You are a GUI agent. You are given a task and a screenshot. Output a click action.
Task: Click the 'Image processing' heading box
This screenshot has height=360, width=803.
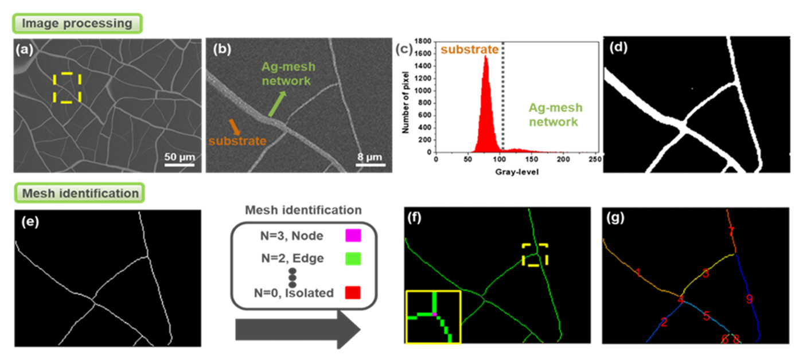[78, 24]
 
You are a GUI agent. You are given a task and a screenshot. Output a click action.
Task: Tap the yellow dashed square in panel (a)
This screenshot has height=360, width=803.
[67, 88]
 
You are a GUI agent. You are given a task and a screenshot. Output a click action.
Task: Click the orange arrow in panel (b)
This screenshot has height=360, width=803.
[236, 126]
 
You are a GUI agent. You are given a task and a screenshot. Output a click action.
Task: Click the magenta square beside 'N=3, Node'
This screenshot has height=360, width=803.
[353, 235]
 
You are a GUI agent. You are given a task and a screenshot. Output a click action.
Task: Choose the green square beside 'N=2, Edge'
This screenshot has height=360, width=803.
[353, 259]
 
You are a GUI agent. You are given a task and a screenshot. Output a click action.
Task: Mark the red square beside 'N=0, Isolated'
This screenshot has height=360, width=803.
[353, 293]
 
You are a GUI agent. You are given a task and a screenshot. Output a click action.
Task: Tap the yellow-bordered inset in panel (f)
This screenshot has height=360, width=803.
[433, 316]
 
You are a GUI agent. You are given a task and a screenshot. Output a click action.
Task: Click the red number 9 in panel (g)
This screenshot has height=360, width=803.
[749, 299]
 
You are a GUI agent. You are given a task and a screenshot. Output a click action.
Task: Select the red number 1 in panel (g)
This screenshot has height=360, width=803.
[638, 273]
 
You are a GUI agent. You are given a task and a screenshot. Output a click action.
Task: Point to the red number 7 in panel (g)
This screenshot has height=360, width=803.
[731, 232]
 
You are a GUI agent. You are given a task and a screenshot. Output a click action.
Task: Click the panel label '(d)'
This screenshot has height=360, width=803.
[619, 48]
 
